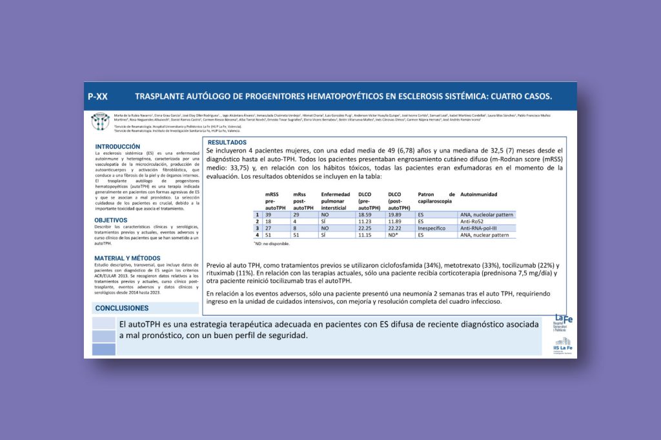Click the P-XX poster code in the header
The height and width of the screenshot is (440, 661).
click(97, 97)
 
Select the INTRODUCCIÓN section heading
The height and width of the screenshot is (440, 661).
click(117, 146)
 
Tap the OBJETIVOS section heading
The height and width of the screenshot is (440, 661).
click(111, 220)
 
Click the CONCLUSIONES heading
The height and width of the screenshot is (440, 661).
click(122, 308)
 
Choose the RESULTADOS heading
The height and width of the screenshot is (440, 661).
click(227, 142)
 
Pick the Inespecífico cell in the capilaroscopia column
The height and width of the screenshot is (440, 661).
click(433, 228)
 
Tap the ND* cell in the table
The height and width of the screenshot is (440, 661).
click(392, 235)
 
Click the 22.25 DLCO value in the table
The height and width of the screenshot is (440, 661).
click(365, 228)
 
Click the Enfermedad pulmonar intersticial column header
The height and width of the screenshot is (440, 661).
click(335, 201)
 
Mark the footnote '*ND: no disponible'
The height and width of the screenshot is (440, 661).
click(272, 244)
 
